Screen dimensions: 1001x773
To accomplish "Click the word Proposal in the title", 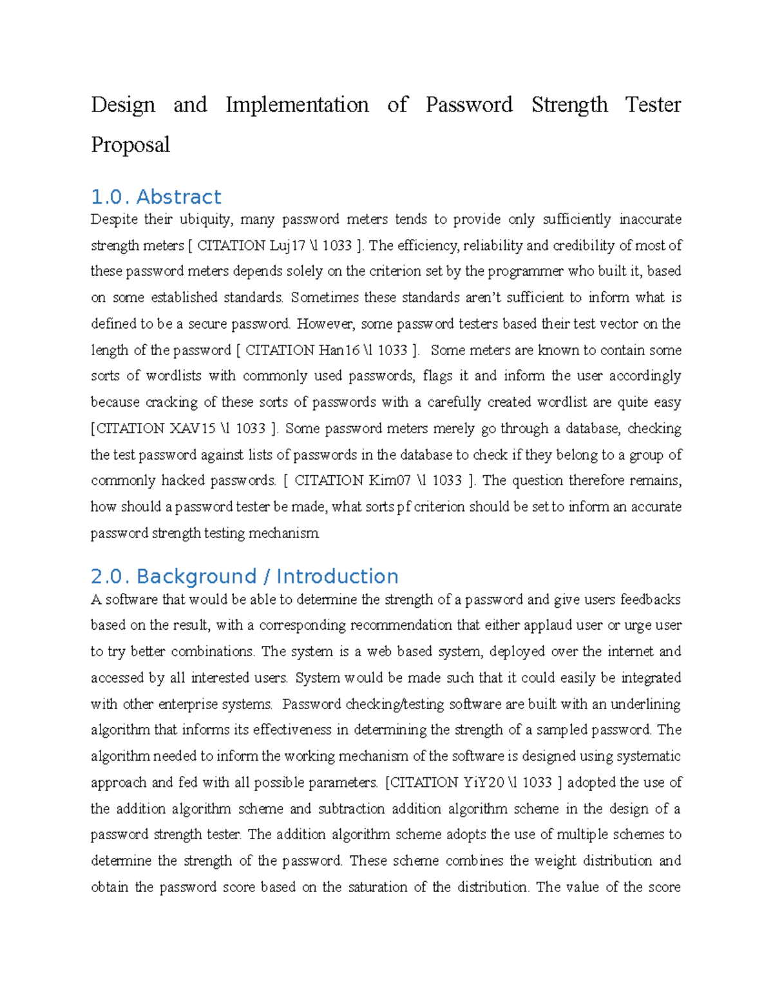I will click(x=130, y=144).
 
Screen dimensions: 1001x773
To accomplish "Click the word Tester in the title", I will click(x=653, y=104).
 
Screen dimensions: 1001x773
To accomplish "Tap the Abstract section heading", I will click(x=178, y=197).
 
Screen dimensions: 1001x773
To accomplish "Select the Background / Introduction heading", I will click(x=267, y=576).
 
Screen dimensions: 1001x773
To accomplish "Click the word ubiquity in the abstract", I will click(x=205, y=220).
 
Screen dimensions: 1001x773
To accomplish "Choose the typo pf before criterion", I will click(x=403, y=507).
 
